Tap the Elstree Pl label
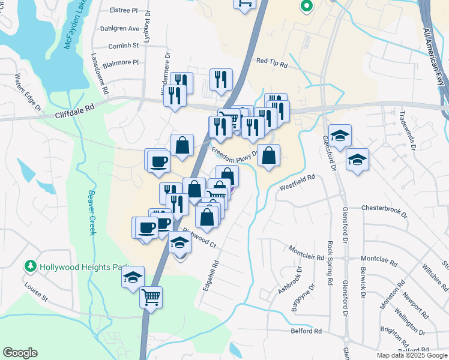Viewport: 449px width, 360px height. [x=124, y=11]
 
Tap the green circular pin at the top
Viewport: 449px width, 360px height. [x=306, y=7]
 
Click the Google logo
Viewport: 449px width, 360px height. [x=20, y=353]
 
